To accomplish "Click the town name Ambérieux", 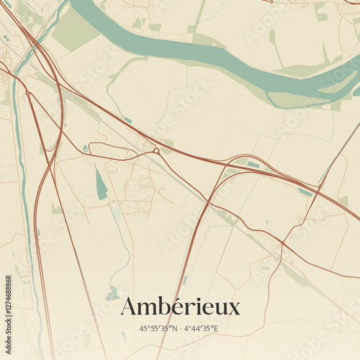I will pyautogui.click(x=180, y=307).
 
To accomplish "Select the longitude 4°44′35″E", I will pyautogui.click(x=201, y=329).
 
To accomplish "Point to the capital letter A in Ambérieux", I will pyautogui.click(x=129, y=306).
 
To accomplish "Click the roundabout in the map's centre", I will pyautogui.click(x=156, y=150).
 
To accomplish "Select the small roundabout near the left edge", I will pyautogui.click(x=27, y=93).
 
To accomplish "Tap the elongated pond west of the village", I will pyautogui.click(x=101, y=184).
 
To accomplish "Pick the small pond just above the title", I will pyautogui.click(x=112, y=294).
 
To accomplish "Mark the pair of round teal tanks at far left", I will pyautogui.click(x=5, y=37).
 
